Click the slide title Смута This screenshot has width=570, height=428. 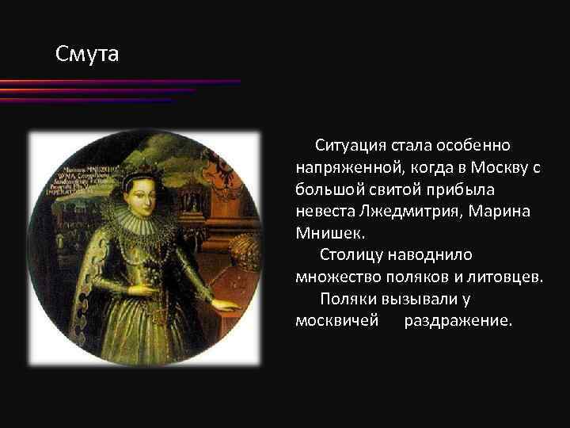click(87, 55)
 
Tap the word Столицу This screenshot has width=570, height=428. click(352, 255)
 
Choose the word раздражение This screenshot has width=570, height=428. click(458, 321)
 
